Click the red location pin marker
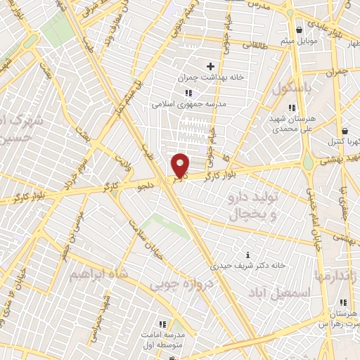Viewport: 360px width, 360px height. click(x=181, y=165)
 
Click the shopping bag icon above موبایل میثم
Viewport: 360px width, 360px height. click(x=300, y=30)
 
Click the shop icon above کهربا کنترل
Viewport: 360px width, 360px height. click(x=344, y=131)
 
